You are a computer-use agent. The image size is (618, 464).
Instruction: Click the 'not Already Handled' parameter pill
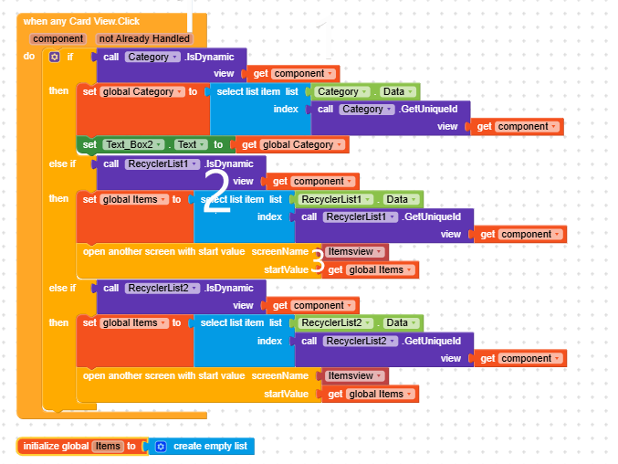click(x=144, y=38)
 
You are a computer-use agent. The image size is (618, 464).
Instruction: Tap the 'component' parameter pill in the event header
click(x=58, y=38)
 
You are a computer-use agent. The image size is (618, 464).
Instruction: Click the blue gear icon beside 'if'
click(x=54, y=57)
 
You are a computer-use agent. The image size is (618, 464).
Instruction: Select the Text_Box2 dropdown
click(x=133, y=144)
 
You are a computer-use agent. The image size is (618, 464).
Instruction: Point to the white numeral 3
click(x=318, y=260)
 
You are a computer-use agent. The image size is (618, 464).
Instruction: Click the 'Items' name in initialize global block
click(x=109, y=446)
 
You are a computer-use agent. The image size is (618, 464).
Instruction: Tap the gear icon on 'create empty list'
click(x=161, y=446)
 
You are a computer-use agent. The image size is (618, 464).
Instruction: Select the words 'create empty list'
click(x=211, y=446)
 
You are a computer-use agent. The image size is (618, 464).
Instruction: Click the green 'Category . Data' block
click(x=365, y=91)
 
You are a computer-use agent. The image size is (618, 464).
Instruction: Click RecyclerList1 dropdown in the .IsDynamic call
click(x=160, y=163)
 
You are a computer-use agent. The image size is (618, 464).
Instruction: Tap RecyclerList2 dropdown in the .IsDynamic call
click(x=160, y=288)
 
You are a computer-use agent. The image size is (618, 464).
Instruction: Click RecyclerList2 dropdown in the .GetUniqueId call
click(x=361, y=341)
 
